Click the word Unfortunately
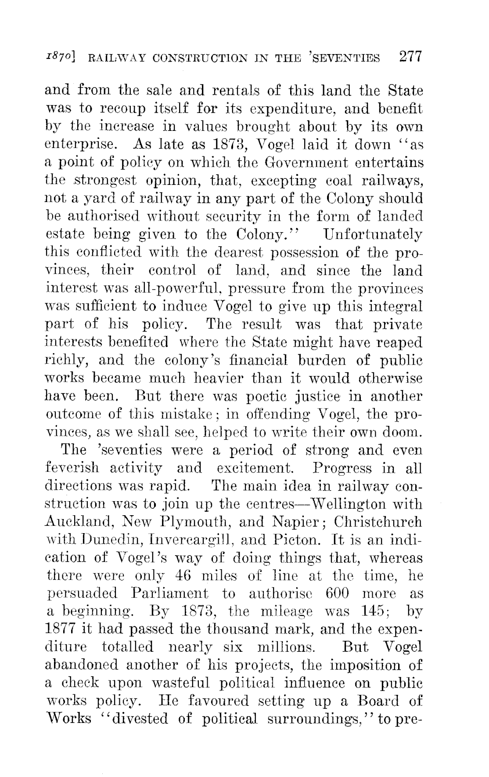(373, 235)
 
